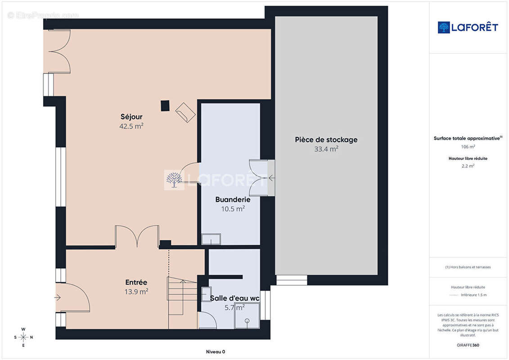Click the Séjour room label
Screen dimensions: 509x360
(131, 117)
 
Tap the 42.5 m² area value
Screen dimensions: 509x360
(131, 126)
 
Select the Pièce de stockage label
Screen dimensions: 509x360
(326, 139)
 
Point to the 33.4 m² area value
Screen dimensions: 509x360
(326, 148)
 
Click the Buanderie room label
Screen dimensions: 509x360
(233, 199)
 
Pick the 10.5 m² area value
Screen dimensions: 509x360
(233, 209)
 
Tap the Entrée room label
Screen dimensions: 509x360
(136, 283)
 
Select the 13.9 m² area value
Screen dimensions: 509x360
(136, 292)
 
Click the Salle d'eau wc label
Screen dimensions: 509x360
(235, 298)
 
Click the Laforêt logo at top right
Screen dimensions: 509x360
(468, 27)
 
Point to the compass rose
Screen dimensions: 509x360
(23, 337)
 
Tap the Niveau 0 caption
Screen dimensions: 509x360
(216, 351)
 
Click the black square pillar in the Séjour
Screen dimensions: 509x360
(165, 106)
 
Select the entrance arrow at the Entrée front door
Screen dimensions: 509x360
(58, 297)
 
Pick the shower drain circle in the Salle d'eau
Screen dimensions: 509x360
(247, 321)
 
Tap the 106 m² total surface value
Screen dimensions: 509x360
(468, 147)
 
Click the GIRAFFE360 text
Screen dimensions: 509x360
(468, 345)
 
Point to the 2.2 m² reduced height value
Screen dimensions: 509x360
(468, 166)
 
